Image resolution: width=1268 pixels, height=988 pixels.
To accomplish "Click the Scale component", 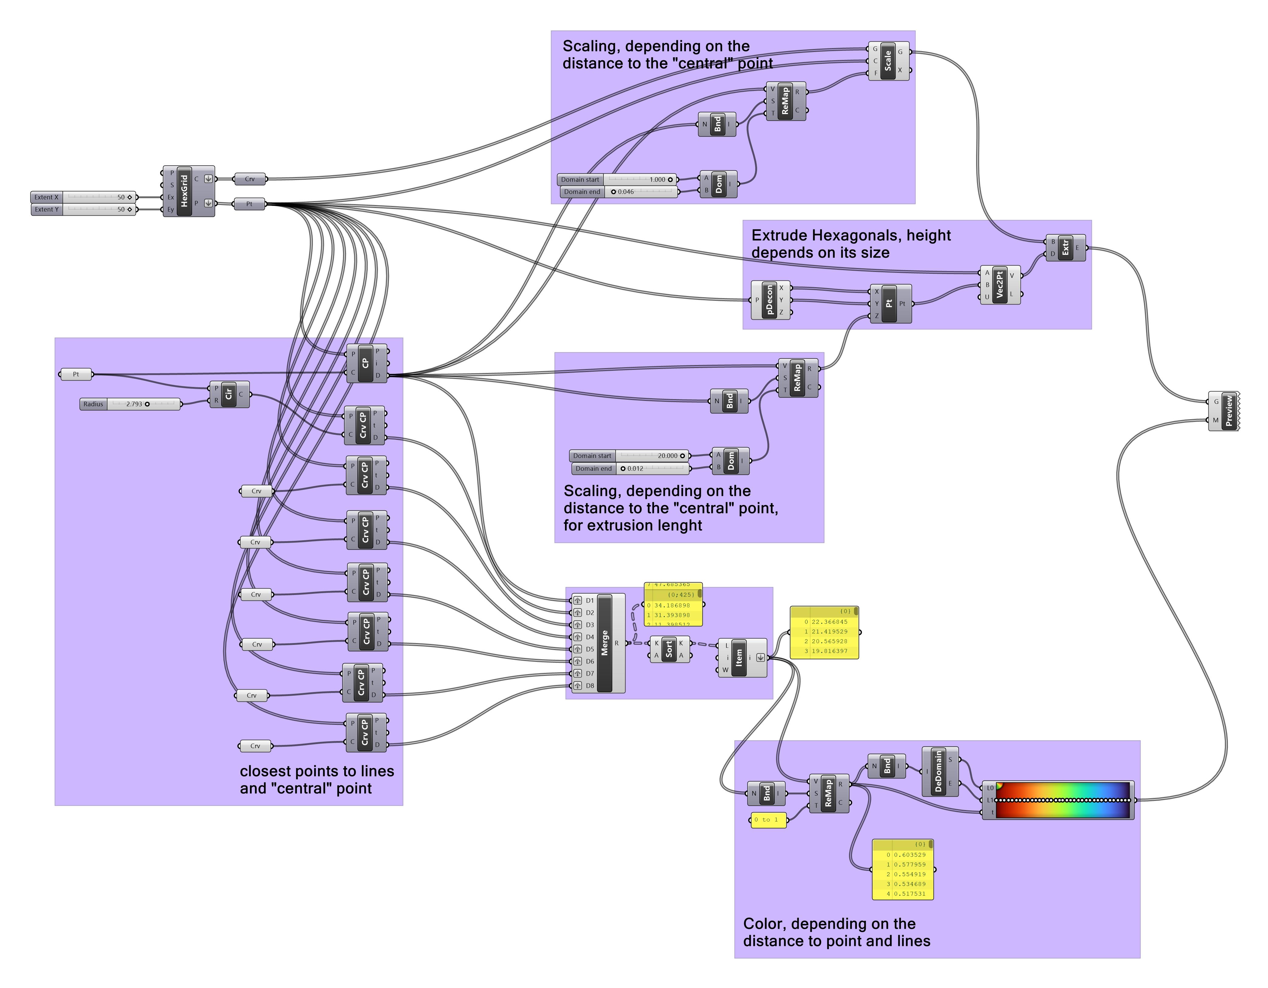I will (888, 61).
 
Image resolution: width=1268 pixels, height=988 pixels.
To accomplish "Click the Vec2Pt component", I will (999, 285).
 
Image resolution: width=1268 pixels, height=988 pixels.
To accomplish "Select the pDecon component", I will (769, 300).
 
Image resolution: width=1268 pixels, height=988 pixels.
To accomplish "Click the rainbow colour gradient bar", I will (1062, 800).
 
